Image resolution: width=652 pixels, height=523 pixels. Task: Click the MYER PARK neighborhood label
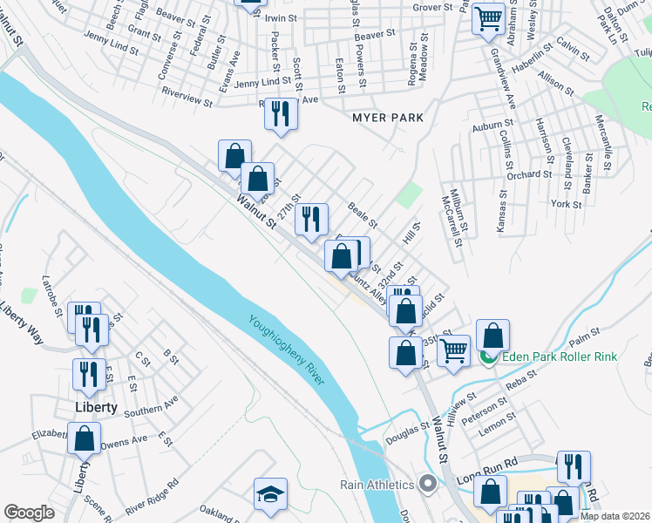point(387,117)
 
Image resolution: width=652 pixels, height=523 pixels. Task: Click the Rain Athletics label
point(377,484)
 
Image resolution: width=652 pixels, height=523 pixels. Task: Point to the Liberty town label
point(96,407)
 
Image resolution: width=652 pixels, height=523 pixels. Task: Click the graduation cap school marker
point(270,494)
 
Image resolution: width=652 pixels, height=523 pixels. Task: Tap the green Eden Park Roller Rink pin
point(489,357)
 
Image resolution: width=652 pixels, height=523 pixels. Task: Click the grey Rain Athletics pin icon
point(427,483)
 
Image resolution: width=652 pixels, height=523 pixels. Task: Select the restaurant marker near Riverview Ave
point(281,113)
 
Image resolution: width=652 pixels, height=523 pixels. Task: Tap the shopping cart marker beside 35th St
point(453,350)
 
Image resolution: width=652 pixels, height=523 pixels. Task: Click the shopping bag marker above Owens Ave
point(85,438)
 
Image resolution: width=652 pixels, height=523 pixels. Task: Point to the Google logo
point(29,513)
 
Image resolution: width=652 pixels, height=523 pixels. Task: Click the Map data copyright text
point(615,516)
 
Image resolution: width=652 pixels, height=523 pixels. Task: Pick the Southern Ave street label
point(150,405)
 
